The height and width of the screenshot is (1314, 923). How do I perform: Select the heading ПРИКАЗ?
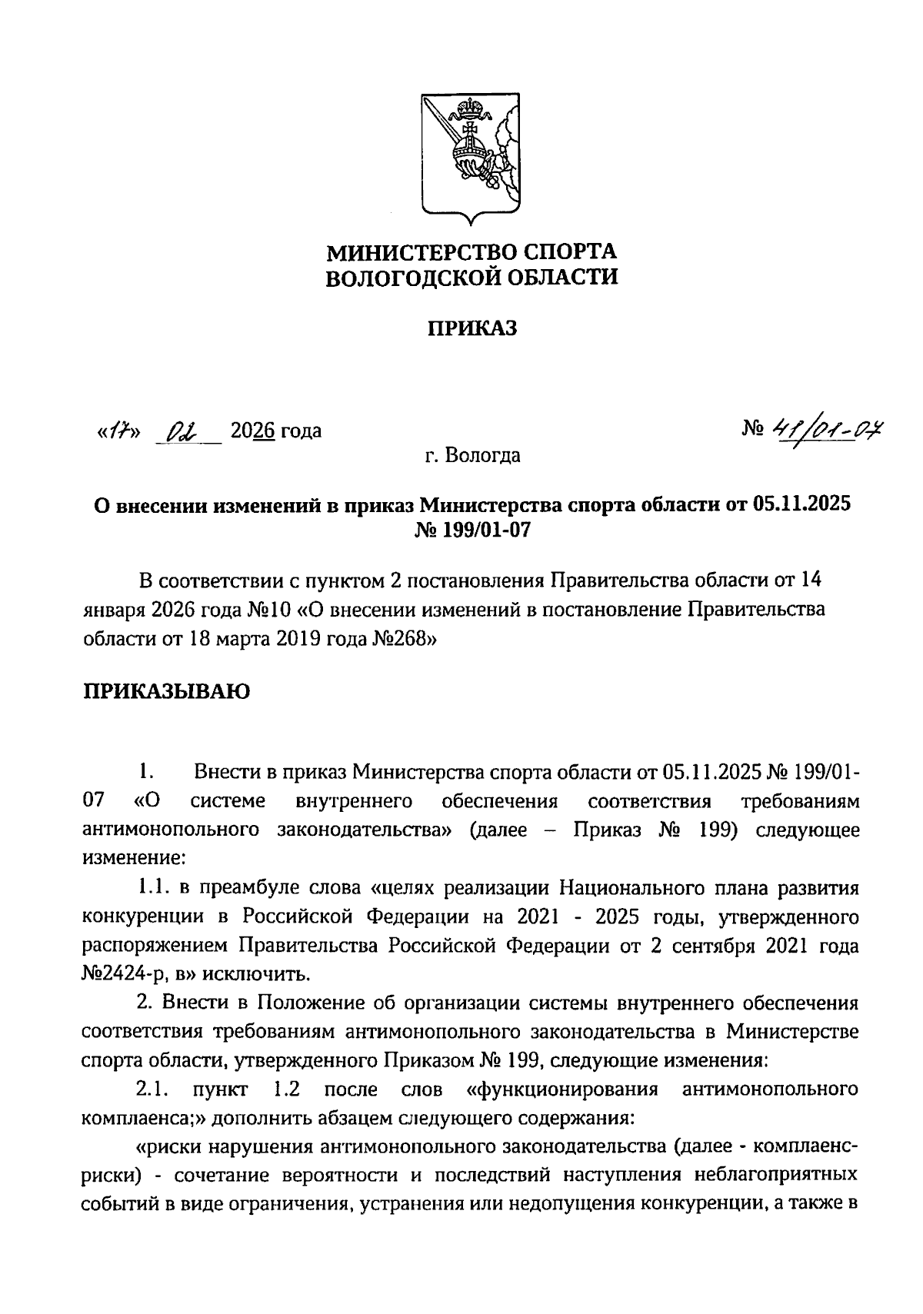[471, 328]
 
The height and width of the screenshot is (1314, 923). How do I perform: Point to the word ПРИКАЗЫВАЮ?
[165, 691]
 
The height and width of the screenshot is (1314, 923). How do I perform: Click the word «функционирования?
[561, 1090]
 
